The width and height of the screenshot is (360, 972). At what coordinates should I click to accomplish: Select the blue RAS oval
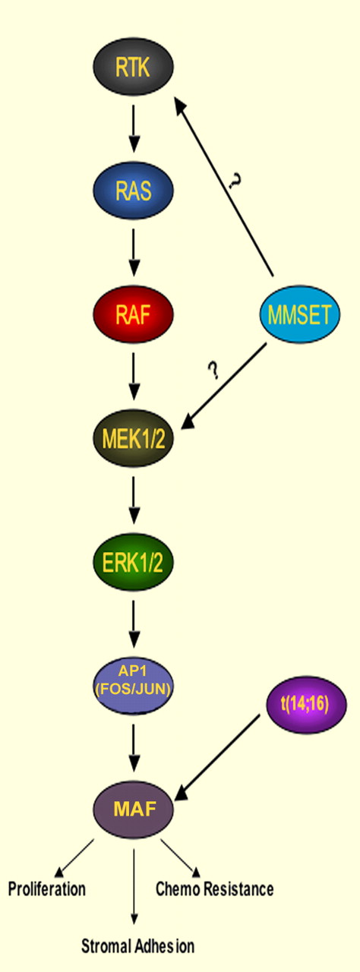tap(134, 191)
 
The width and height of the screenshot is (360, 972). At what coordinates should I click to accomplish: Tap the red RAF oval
tap(134, 314)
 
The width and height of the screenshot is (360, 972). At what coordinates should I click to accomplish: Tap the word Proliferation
tap(46, 888)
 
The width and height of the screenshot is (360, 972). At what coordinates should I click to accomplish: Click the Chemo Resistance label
tap(214, 888)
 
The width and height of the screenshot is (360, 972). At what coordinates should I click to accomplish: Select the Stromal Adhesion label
tap(138, 946)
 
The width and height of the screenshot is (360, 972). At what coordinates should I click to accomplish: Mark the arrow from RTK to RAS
tap(134, 131)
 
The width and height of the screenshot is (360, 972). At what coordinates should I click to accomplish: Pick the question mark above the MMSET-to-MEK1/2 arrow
tap(213, 370)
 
